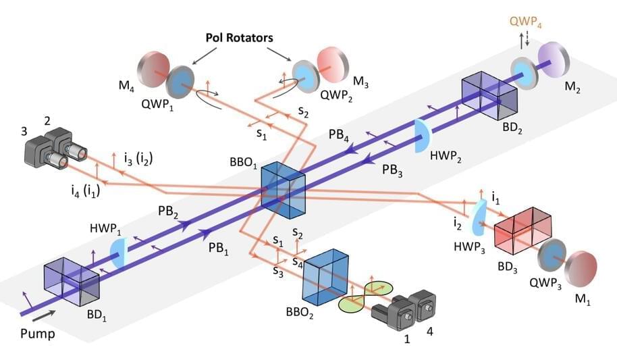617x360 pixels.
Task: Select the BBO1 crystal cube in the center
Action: click(x=283, y=190)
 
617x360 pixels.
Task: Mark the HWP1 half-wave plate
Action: click(x=119, y=253)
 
